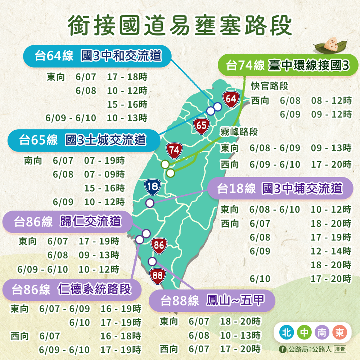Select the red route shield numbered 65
pos(202,125)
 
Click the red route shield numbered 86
pos(159,246)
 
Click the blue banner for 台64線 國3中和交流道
pos(97,56)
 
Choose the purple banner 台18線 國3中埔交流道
pos(280,188)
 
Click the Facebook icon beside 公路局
pos(283,349)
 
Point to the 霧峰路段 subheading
pos(239,132)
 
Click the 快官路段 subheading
pos(270,86)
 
